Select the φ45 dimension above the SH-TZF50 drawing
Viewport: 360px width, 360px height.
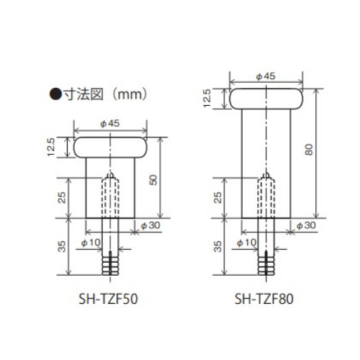coord(109,125)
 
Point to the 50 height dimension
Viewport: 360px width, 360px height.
coord(153,179)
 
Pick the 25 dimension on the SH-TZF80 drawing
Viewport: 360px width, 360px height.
coord(218,195)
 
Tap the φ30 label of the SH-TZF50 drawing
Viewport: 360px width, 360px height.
coord(149,226)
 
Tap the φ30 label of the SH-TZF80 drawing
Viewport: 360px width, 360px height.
coord(306,226)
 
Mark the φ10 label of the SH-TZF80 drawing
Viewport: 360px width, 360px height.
coord(248,242)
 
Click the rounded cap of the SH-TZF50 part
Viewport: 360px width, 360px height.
coord(109,148)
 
